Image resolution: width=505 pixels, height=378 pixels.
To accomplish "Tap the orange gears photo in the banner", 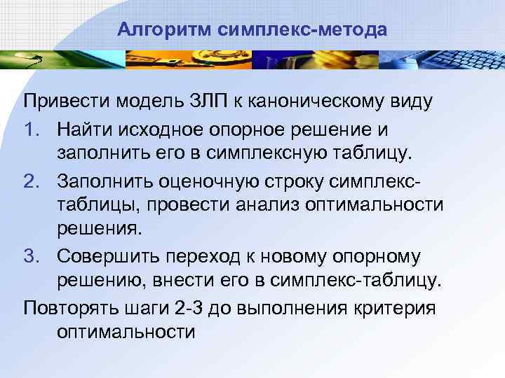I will (175, 60).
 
